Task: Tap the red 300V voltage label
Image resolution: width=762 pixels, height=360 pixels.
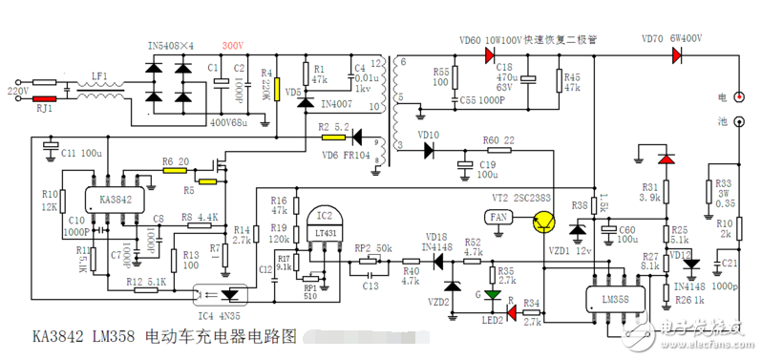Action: (233, 46)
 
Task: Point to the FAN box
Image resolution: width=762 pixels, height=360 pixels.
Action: (499, 218)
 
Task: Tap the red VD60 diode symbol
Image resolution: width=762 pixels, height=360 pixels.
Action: (489, 55)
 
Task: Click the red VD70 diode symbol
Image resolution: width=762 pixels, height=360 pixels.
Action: (679, 55)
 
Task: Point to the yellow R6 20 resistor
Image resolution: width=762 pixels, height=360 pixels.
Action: (174, 172)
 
